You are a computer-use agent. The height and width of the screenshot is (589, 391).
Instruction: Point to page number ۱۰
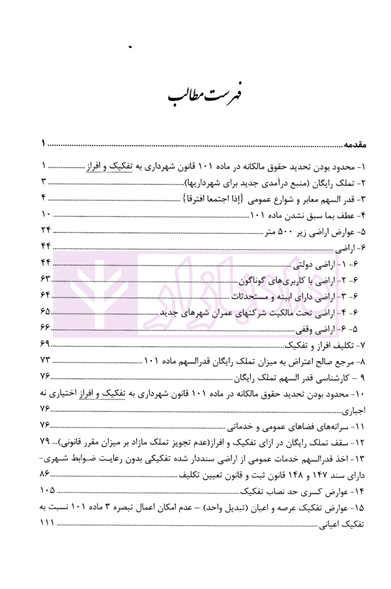(46, 215)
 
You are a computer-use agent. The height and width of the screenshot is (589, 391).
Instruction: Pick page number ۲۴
(46, 231)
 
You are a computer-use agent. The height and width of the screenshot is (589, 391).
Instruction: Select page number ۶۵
(46, 312)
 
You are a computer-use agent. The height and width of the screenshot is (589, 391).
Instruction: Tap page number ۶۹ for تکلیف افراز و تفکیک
(46, 344)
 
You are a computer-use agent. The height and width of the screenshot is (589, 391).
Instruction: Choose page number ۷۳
(46, 361)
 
